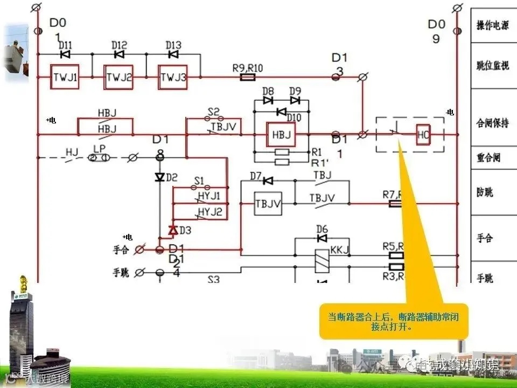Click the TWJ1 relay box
pyautogui.click(x=65, y=77)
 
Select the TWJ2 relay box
pyautogui.click(x=118, y=77)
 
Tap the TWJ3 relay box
pyautogui.click(x=172, y=77)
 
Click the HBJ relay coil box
pyautogui.click(x=281, y=135)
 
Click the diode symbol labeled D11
pyautogui.click(x=65, y=54)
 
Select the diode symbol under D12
pyautogui.click(x=119, y=54)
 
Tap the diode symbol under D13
pyautogui.click(x=173, y=54)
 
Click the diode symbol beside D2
pyautogui.click(x=159, y=177)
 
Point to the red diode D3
pyautogui.click(x=173, y=230)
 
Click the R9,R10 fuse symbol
pyautogui.click(x=247, y=78)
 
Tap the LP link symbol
pyautogui.click(x=100, y=157)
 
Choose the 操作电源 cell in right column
pyautogui.click(x=492, y=26)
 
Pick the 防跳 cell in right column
pyautogui.click(x=485, y=192)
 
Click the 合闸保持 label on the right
pyautogui.click(x=492, y=123)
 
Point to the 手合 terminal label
pyautogui.click(x=122, y=250)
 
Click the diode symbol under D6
pyautogui.click(x=322, y=238)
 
